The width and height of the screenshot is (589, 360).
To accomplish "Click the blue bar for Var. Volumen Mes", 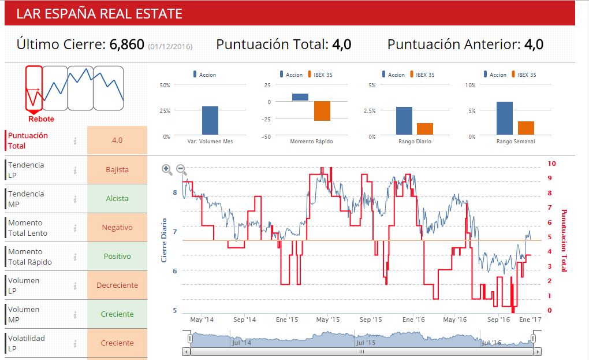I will click(x=210, y=120).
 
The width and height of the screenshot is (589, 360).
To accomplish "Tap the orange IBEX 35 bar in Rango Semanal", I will click(x=525, y=128).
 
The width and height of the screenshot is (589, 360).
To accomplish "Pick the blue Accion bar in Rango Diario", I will click(x=404, y=120).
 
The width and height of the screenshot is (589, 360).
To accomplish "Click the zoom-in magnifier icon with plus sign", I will click(x=167, y=169).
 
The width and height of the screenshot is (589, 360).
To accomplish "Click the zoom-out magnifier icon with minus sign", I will click(x=181, y=169).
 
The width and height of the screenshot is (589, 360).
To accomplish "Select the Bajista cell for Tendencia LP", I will click(x=117, y=170).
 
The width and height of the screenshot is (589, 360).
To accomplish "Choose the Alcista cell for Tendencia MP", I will click(x=117, y=199).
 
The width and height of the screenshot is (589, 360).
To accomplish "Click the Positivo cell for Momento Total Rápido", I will click(x=117, y=257).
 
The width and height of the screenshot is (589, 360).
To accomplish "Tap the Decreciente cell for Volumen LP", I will click(x=117, y=285).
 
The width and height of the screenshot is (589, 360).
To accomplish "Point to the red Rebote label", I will click(x=41, y=119).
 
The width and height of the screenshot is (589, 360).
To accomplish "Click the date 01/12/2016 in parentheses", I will click(x=170, y=46).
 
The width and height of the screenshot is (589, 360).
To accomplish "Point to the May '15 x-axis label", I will click(x=327, y=320).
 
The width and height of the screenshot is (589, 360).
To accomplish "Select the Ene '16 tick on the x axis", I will click(x=413, y=320).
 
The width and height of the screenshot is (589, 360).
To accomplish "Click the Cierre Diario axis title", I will click(x=164, y=240).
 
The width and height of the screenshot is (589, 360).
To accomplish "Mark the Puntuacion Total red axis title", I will click(x=565, y=240).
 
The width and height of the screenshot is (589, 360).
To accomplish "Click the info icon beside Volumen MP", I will click(x=75, y=314).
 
